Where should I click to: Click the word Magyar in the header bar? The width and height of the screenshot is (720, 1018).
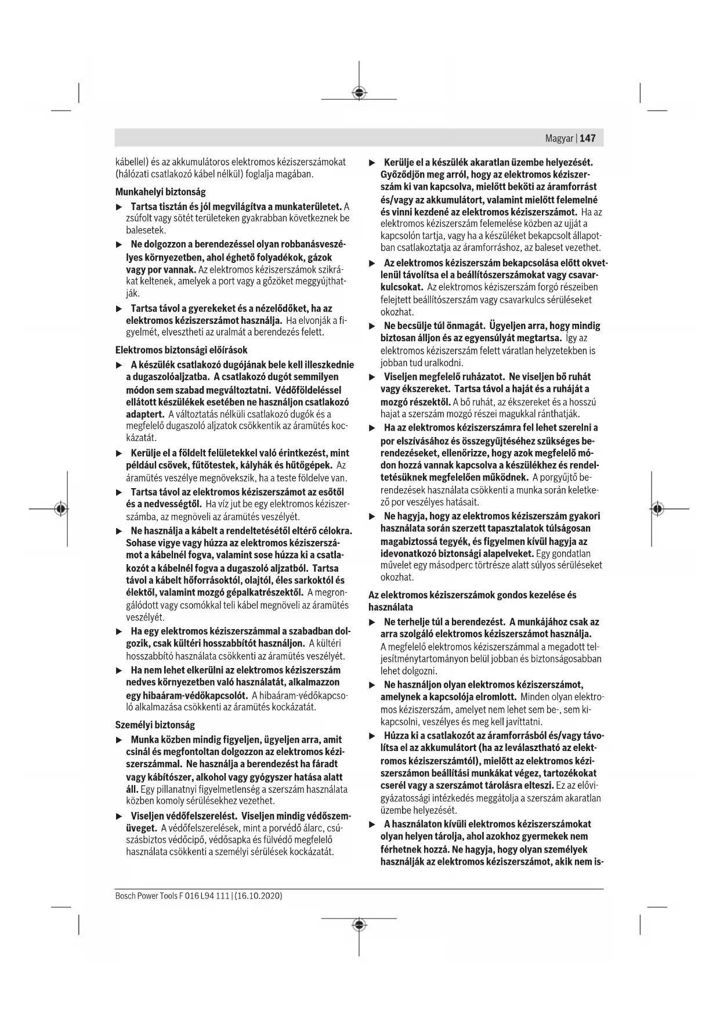click(559, 138)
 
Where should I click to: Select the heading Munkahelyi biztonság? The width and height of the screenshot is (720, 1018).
click(160, 192)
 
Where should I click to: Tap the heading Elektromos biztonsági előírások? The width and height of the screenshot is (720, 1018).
click(181, 350)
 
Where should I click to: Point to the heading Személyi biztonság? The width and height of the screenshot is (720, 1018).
click(155, 725)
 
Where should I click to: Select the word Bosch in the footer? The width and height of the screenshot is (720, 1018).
click(125, 896)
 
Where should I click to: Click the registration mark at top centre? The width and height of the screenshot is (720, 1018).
click(359, 92)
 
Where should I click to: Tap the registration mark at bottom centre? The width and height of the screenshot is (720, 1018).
click(359, 924)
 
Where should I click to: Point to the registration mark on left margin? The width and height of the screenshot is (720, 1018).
click(60, 509)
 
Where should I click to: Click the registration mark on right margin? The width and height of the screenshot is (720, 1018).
click(657, 509)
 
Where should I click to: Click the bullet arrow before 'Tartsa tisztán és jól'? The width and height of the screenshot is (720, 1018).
click(119, 207)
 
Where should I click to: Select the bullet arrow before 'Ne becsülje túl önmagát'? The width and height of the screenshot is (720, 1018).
click(372, 326)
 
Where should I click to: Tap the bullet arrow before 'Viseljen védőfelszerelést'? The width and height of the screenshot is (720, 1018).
click(119, 815)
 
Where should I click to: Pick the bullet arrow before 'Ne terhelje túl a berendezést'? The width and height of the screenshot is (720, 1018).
click(372, 622)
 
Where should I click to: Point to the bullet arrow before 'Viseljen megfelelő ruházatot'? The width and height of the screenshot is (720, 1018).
click(372, 377)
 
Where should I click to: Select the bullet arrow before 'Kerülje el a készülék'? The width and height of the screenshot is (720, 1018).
click(372, 162)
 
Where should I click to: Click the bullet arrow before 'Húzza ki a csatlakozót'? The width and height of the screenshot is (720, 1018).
click(372, 736)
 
